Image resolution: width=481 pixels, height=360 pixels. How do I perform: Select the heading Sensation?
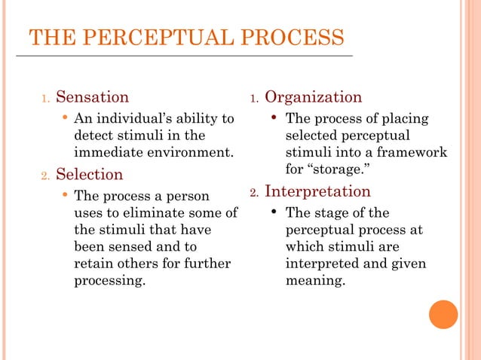(93, 97)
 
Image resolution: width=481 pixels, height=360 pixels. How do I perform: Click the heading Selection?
(90, 175)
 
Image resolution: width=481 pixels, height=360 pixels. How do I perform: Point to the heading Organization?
(313, 97)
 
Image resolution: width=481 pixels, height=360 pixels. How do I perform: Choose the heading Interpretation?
(317, 191)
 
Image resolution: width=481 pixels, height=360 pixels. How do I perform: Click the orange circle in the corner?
(443, 314)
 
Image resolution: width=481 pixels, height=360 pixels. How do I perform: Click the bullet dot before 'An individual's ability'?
(66, 117)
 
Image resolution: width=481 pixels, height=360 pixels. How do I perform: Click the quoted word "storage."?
(329, 169)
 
